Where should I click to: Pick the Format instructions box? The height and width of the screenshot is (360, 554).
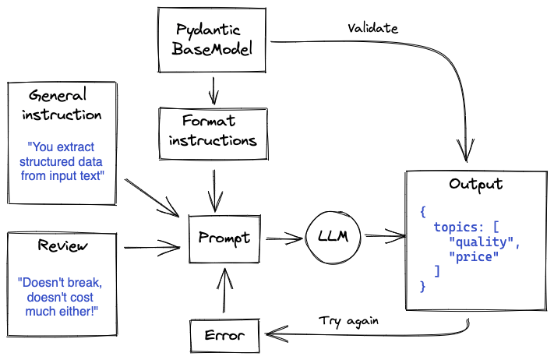212,131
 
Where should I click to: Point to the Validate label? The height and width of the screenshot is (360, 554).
372,28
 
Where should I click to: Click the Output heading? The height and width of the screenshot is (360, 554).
475,185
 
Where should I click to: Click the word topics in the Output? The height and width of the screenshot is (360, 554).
456,227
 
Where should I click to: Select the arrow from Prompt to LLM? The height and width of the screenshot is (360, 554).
284,236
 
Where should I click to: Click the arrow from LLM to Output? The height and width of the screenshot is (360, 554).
384,235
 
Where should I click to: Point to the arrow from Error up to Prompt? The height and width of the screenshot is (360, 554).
224,292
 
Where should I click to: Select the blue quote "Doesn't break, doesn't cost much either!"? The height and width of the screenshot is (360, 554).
62,296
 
